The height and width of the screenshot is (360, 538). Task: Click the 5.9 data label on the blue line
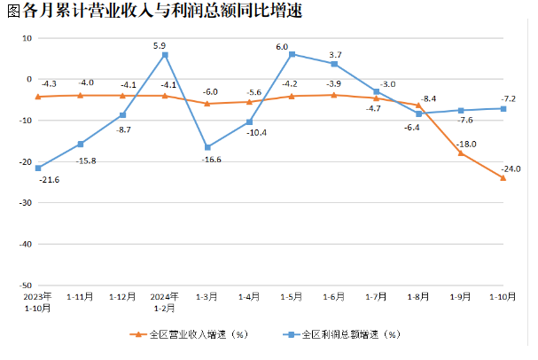[160, 45]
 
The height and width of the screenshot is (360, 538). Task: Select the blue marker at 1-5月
[292, 54]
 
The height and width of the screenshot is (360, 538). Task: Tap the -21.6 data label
[50, 180]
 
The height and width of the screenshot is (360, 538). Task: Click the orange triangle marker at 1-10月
[503, 177]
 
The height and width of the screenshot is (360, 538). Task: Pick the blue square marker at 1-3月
[207, 147]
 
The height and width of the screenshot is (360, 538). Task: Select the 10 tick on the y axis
[26, 38]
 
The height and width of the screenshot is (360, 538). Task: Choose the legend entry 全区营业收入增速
[186, 335]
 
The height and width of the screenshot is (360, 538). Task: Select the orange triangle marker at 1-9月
[461, 153]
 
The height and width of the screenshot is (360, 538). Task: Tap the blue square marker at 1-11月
[81, 144]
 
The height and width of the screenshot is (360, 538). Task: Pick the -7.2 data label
[509, 98]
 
